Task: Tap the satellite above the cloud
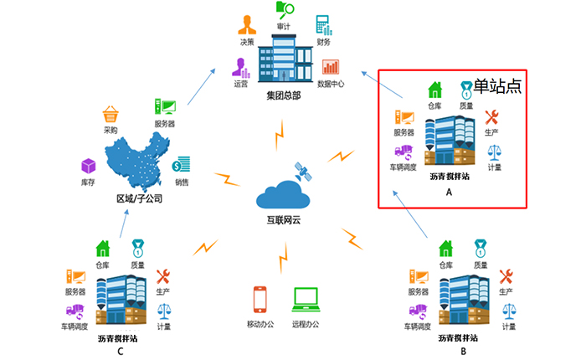coord(301,172)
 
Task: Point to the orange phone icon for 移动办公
coord(259,300)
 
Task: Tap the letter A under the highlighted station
coord(449,193)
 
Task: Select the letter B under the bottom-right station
coord(463,352)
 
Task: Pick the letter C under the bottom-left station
coord(121,352)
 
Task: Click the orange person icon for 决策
coord(246,23)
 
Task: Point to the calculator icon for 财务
coord(323,24)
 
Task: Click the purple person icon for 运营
coord(241,66)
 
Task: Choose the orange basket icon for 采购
coord(111,114)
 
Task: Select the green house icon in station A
coord(434,90)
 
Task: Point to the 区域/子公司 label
coord(139,199)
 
